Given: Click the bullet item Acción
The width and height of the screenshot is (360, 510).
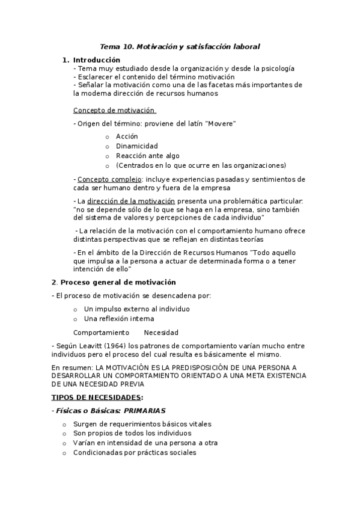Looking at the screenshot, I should [127, 137].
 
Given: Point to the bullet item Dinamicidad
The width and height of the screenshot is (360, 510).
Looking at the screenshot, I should [137, 146].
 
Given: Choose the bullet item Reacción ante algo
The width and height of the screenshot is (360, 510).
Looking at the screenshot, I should [147, 156].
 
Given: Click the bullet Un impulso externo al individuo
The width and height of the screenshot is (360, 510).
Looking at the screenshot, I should [137, 309].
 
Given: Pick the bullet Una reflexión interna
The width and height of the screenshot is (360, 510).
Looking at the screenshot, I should [119, 319].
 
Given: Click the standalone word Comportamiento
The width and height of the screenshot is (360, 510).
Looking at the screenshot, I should [101, 333].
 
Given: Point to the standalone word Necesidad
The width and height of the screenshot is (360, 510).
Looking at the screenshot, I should [161, 333].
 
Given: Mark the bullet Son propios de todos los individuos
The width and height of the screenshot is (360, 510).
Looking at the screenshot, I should [132, 433].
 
